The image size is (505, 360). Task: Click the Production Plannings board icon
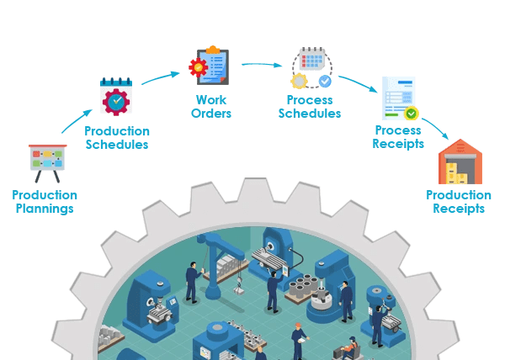(x=48, y=163)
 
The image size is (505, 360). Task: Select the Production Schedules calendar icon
(x=116, y=97)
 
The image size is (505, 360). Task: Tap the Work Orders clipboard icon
(x=209, y=66)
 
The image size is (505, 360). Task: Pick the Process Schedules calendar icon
(x=311, y=68)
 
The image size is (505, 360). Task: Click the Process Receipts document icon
(x=400, y=98)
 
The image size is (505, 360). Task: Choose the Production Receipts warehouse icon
(x=460, y=161)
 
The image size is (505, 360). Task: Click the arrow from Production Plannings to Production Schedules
(x=77, y=120)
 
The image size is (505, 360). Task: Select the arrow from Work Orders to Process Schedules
(x=262, y=65)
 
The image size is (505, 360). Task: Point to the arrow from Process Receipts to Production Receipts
(x=435, y=128)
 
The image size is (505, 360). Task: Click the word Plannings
(x=45, y=209)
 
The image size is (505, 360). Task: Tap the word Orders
(x=211, y=114)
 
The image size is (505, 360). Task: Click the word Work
(x=211, y=100)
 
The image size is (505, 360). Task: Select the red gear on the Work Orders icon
(x=198, y=67)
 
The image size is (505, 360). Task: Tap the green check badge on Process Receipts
(x=412, y=114)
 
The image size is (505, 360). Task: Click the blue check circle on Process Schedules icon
(x=325, y=81)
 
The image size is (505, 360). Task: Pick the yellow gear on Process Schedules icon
(x=299, y=81)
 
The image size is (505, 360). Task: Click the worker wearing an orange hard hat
(x=299, y=341)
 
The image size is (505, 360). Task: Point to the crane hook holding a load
(x=239, y=287)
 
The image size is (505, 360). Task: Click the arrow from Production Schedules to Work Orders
(x=161, y=78)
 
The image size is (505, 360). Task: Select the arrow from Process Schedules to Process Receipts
(x=359, y=83)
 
